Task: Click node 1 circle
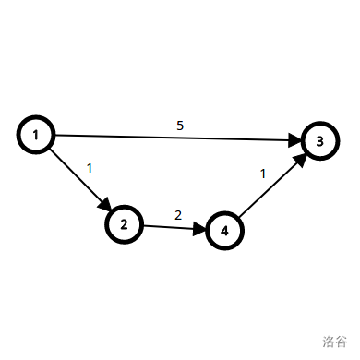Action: point(34,136)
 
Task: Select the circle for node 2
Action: point(125,223)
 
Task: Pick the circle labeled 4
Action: point(224,230)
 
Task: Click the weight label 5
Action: point(179,125)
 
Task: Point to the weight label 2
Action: point(178,215)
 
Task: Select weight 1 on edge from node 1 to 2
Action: point(90,168)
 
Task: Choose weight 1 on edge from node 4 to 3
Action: point(263,173)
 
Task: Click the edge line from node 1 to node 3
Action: point(175,138)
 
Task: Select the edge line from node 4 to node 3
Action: point(268,189)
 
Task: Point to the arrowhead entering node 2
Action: point(106,205)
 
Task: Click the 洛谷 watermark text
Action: point(334,341)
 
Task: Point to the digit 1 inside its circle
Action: point(34,136)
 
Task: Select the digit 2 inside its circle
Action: point(125,223)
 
